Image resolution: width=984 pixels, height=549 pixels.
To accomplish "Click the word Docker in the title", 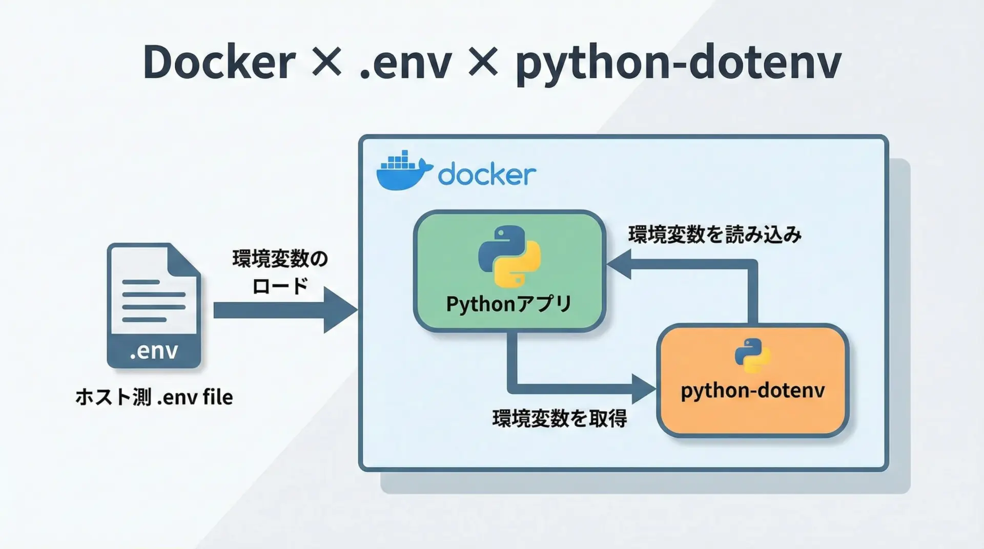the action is (219, 62).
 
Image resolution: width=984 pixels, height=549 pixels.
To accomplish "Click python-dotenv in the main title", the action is (679, 65).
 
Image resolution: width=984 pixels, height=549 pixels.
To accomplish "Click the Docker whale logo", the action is (404, 171).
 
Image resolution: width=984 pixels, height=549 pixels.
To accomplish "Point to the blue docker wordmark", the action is (487, 174).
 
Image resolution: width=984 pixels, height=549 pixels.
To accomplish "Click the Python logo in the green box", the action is (509, 257).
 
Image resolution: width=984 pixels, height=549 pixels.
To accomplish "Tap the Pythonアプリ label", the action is (508, 304).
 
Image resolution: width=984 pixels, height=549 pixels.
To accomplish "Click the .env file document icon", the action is (154, 306).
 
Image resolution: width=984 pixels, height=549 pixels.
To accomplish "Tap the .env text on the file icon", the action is (154, 351).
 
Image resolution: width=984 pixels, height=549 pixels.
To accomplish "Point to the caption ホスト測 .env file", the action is (154, 397).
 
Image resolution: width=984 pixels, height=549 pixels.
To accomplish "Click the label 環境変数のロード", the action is (280, 272).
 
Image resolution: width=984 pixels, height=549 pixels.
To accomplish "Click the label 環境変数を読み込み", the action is (715, 235).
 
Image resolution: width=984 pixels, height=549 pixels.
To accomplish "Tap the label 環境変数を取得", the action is (560, 419).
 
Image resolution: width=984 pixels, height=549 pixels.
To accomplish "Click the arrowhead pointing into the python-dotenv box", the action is (644, 389).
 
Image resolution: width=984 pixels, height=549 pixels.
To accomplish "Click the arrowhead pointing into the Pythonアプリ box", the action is (619, 265).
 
